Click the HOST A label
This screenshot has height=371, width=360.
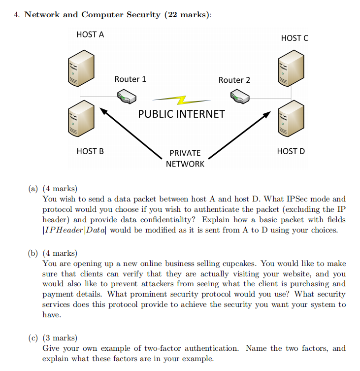(90, 34)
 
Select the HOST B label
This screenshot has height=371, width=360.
(90, 151)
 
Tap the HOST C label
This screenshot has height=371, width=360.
(295, 38)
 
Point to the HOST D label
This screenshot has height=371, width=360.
(291, 151)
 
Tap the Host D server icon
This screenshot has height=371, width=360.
(291, 118)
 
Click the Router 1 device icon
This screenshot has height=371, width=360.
(126, 97)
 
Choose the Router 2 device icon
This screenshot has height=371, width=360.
(241, 97)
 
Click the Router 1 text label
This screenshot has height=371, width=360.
(130, 79)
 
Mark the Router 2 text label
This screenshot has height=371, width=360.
(234, 80)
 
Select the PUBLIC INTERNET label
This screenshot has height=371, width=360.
(181, 114)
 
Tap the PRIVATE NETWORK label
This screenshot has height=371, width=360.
(185, 158)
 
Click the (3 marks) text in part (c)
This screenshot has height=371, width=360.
(60, 338)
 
